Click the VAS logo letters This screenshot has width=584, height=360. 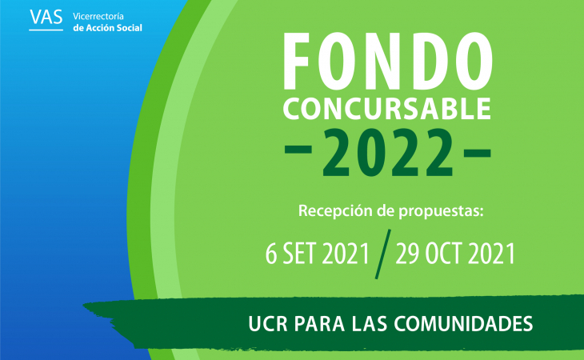tap(46, 17)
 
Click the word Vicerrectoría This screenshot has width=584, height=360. tap(98, 16)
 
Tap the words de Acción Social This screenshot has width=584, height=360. tap(108, 28)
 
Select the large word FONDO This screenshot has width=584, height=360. tap(388, 61)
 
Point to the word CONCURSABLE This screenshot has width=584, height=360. tap(387, 109)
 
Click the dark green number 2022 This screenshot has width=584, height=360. tap(388, 152)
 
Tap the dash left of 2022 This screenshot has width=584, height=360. tap(298, 150)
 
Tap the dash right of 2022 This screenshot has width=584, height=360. tap(478, 153)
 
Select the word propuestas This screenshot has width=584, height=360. tap(441, 211)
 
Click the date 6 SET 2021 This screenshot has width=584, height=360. tap(317, 254)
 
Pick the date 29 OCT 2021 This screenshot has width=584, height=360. tap(455, 254)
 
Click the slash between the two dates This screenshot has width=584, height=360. tap(383, 254)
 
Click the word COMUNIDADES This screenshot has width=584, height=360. tap(463, 324)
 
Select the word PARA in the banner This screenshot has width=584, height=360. tap(319, 324)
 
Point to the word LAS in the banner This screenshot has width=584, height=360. tap(370, 324)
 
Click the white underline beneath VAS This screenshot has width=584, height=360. tap(46, 30)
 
